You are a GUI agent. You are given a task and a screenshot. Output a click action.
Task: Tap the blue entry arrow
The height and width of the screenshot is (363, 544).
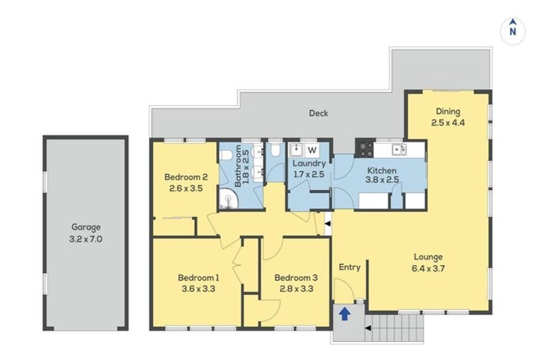[344, 313]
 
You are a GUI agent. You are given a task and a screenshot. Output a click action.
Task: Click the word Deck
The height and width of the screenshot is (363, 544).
[318, 113]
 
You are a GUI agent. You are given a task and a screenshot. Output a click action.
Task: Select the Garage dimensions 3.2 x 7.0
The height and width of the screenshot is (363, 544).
[86, 239]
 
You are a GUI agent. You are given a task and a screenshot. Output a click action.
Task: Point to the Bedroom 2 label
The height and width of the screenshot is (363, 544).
[185, 177]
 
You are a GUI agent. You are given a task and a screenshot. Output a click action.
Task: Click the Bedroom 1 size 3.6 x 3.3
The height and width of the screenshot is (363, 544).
[198, 289]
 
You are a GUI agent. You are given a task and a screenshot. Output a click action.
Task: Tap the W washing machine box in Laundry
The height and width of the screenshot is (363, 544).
[312, 150]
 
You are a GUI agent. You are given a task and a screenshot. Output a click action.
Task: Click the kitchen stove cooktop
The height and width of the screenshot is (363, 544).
[364, 149]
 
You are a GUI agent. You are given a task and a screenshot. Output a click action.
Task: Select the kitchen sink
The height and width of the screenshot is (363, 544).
[397, 149]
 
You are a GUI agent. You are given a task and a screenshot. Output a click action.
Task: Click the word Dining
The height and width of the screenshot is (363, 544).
[448, 111]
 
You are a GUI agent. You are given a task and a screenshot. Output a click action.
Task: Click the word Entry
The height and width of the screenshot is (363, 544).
[350, 267]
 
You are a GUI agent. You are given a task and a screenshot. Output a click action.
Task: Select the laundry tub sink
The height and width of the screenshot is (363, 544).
[297, 150]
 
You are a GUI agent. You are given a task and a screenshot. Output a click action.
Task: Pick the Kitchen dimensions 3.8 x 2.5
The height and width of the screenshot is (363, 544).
[382, 180]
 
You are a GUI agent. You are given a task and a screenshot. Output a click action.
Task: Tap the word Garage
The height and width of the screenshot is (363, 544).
[86, 228]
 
